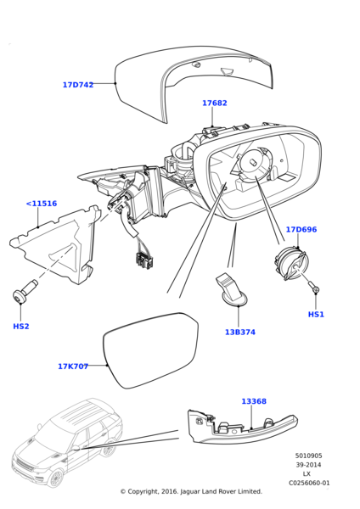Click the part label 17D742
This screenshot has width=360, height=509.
(78, 85)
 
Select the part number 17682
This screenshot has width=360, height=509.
(215, 103)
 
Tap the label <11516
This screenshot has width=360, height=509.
(42, 204)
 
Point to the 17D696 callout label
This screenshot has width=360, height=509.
(301, 230)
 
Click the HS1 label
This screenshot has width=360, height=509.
(316, 314)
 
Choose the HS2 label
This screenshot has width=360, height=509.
(20, 327)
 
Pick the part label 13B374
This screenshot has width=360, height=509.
(240, 332)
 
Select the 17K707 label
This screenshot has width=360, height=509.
(73, 366)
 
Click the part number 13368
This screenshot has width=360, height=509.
(254, 401)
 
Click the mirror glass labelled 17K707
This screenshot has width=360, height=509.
(151, 350)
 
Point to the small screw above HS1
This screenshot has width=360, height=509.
(314, 287)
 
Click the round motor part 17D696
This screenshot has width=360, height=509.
(290, 262)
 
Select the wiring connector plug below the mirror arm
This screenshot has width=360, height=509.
(143, 260)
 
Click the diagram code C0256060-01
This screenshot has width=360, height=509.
(309, 483)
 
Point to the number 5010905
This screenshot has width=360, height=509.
(309, 456)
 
